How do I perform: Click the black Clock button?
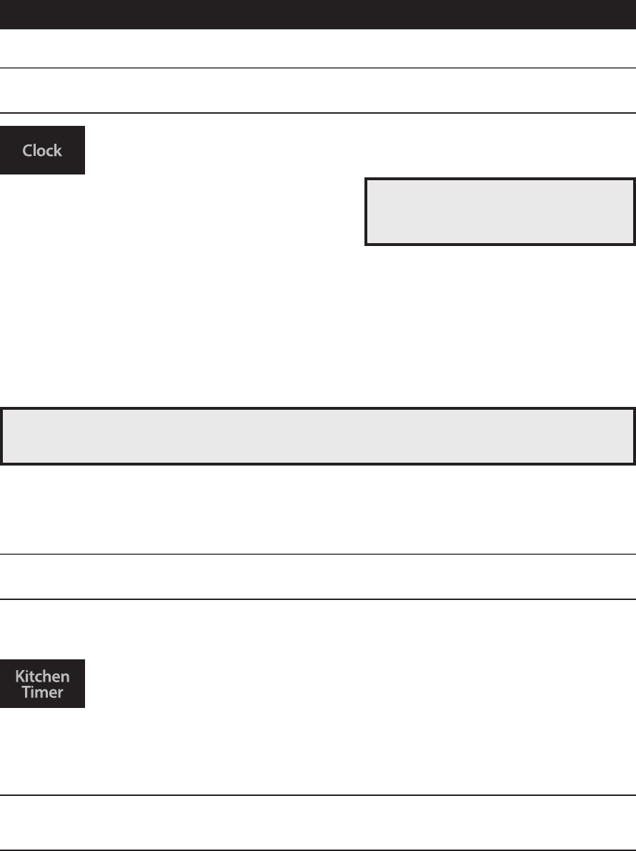(42, 150)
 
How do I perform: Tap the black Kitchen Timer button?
(42, 684)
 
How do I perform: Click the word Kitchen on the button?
(43, 676)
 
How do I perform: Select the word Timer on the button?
(43, 692)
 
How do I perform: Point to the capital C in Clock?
(27, 151)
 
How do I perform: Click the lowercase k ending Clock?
(59, 150)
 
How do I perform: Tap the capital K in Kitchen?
(19, 676)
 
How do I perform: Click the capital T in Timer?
(26, 692)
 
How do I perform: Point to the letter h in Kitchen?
(51, 676)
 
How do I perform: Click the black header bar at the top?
(318, 14)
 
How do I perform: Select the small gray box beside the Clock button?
(500, 212)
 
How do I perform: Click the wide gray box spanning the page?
(318, 436)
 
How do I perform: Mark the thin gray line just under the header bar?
(318, 68)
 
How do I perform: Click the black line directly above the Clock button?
(318, 113)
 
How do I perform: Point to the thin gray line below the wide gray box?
(318, 554)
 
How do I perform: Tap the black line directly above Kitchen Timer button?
(318, 599)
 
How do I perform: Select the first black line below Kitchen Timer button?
(318, 795)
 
